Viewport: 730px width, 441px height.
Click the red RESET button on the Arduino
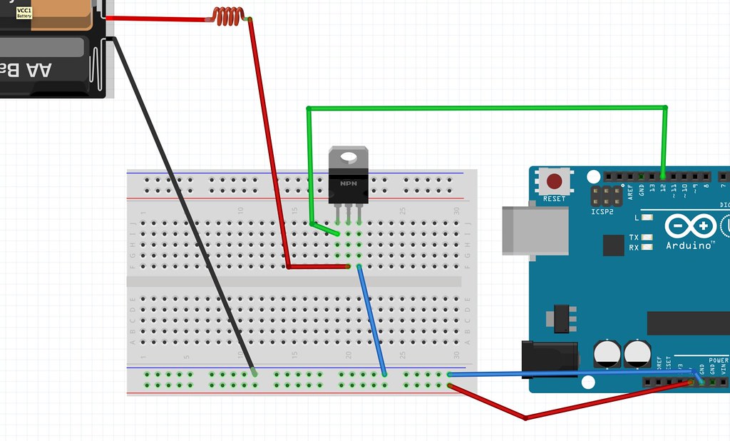point(554,180)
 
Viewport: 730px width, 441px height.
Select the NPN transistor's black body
point(349,187)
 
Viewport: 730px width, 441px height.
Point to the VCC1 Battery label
point(24,12)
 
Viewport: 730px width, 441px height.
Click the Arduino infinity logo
point(689,227)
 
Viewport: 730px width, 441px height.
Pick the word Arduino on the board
point(689,245)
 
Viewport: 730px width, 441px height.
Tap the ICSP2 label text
point(602,212)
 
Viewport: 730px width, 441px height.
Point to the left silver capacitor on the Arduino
point(607,353)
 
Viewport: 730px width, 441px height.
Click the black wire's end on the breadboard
point(255,373)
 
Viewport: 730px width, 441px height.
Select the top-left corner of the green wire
point(309,108)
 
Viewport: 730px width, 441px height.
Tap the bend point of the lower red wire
point(525,417)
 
